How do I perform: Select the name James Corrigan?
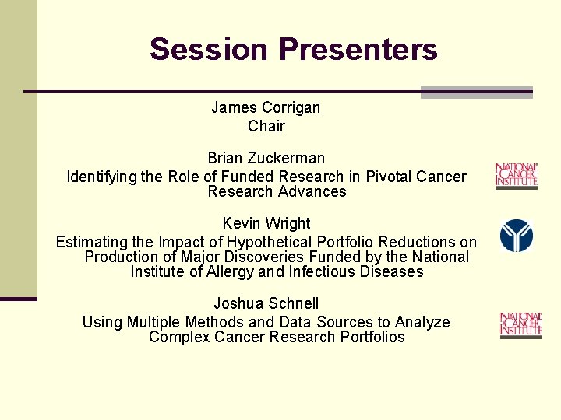point(266,107)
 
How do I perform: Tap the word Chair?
point(266,126)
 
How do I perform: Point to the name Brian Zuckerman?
point(266,159)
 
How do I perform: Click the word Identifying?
point(101,177)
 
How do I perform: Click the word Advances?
point(315,191)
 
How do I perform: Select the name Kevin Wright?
point(266,224)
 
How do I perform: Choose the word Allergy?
point(228,271)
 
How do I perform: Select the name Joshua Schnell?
point(266,303)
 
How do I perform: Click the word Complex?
point(177,337)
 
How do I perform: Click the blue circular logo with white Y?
point(517,236)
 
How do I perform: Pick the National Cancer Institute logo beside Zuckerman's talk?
point(517,176)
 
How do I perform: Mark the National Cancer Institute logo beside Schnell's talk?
point(520,325)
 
